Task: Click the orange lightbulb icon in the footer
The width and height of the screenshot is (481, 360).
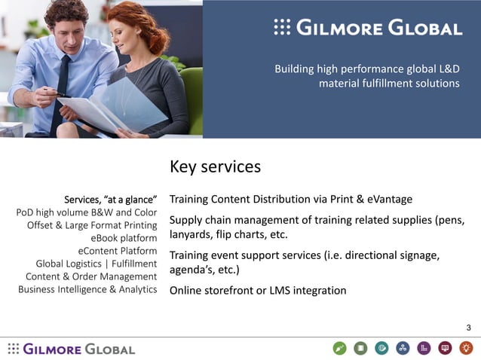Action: point(466,348)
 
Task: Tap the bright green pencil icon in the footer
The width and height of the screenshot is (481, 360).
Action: point(339,348)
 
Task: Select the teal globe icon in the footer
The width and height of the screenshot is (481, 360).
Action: point(381,348)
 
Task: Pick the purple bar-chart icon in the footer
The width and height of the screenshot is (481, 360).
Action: point(424,348)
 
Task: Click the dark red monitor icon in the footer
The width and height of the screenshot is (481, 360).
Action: point(445,348)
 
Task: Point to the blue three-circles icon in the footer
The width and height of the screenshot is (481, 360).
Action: point(403,348)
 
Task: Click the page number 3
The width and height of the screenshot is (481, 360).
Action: point(468,327)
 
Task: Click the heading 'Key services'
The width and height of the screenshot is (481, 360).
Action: point(215,166)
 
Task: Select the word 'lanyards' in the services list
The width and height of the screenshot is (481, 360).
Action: point(192,234)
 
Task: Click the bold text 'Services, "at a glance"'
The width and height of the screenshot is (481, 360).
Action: point(110,200)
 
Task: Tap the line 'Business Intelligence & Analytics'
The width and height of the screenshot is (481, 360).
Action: point(87,289)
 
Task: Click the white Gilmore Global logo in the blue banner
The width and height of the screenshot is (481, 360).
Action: point(368,29)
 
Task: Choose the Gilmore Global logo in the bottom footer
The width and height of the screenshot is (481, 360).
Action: point(72,349)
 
